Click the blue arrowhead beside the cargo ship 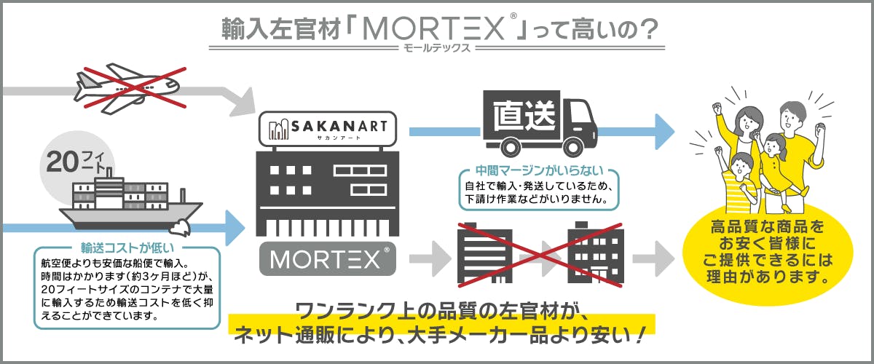233,228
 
